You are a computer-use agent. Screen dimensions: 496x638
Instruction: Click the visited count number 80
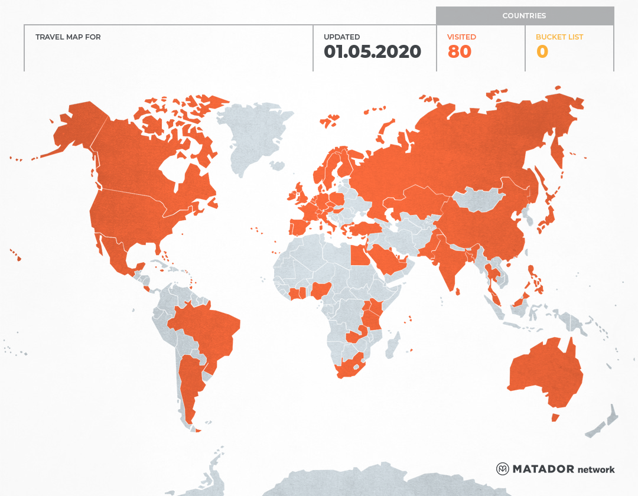459,52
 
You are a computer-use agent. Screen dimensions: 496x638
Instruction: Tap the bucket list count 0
542,52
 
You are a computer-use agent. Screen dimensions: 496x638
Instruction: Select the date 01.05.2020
372,52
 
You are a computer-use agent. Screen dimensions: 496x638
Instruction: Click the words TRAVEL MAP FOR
68,37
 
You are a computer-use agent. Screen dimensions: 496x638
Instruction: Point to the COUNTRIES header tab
524,16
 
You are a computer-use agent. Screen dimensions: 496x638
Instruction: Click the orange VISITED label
461,37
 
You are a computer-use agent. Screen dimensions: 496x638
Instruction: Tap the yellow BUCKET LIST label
559,37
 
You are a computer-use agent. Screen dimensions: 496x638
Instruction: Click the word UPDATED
341,37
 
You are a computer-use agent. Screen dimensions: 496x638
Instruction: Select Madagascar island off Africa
392,345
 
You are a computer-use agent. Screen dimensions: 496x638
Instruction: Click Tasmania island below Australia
555,417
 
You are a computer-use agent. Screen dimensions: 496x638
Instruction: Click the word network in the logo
596,469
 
